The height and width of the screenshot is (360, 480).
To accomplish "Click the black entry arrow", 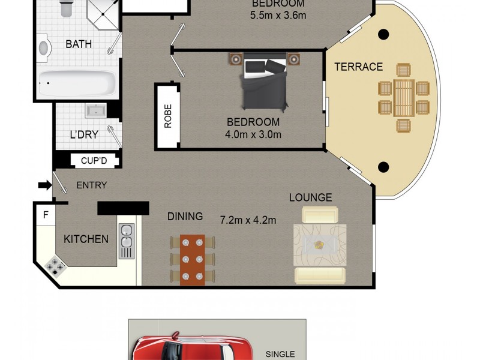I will tap(45, 185).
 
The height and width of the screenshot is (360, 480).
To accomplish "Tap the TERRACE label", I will tap(358, 67).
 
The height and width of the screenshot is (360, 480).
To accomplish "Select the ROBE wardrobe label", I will tap(168, 116).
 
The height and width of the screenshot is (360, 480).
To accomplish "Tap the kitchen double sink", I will tap(126, 241).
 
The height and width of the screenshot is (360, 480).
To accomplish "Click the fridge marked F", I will tap(45, 215).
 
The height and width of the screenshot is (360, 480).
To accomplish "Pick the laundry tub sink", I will tap(95, 111).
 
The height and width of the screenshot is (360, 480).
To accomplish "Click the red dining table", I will tap(193, 259).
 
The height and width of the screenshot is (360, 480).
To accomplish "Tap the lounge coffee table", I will tap(320, 244).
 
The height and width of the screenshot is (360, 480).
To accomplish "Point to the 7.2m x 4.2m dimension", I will tap(248, 220).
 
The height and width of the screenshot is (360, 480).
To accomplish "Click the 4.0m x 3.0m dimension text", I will tap(253, 134).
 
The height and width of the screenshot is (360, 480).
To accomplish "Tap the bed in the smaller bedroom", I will tap(265, 82).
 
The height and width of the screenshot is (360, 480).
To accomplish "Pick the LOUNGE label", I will tap(310, 197).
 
